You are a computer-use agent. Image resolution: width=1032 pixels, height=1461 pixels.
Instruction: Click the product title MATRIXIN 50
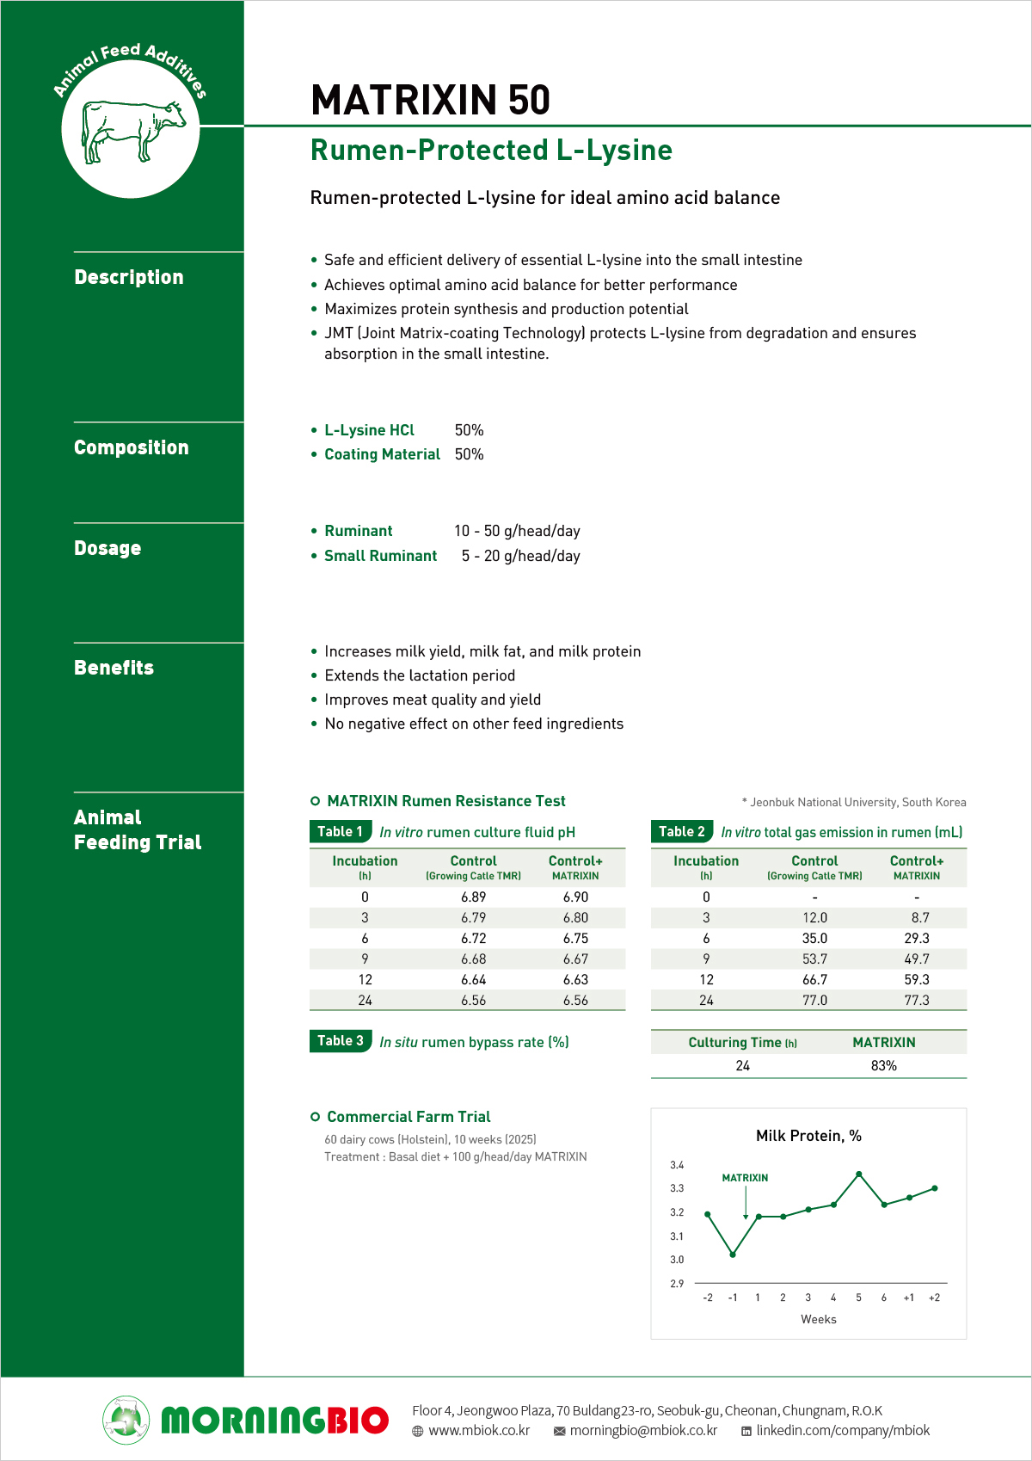pos(430,100)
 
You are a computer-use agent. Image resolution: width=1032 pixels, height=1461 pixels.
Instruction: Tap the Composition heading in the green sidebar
pos(131,447)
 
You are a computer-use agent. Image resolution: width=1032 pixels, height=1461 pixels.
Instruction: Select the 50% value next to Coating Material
pos(469,454)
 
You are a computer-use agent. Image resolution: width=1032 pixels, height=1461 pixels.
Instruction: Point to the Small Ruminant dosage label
pos(380,556)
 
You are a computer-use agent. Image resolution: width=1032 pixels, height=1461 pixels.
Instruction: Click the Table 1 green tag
pos(340,831)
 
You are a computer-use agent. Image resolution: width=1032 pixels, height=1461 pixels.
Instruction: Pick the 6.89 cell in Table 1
pos(473,897)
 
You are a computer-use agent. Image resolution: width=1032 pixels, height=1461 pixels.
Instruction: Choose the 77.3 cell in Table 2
pos(916,1000)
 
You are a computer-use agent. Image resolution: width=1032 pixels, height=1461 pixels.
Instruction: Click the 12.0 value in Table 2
pos(814,918)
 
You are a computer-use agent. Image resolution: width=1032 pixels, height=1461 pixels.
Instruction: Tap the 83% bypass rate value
pos(883,1065)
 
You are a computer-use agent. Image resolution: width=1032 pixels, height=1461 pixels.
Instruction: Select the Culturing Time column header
pos(742,1042)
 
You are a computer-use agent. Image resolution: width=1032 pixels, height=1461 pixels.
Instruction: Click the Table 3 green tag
pos(340,1041)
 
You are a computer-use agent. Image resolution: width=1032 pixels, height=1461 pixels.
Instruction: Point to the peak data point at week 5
pos(858,1174)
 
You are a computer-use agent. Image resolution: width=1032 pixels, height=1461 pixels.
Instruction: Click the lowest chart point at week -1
pos(733,1254)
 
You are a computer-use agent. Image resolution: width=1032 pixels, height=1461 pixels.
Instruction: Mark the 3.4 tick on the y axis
pos(677,1165)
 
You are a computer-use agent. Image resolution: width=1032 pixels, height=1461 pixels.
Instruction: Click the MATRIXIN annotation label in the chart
pos(745,1178)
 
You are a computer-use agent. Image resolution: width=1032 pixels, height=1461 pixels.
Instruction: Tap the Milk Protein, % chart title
pos(808,1136)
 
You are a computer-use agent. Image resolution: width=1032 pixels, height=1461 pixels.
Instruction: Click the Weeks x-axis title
pos(818,1319)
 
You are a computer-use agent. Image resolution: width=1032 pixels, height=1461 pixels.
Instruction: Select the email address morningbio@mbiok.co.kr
pos(643,1430)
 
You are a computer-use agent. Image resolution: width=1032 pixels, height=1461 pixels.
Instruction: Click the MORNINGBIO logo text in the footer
pos(274,1421)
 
